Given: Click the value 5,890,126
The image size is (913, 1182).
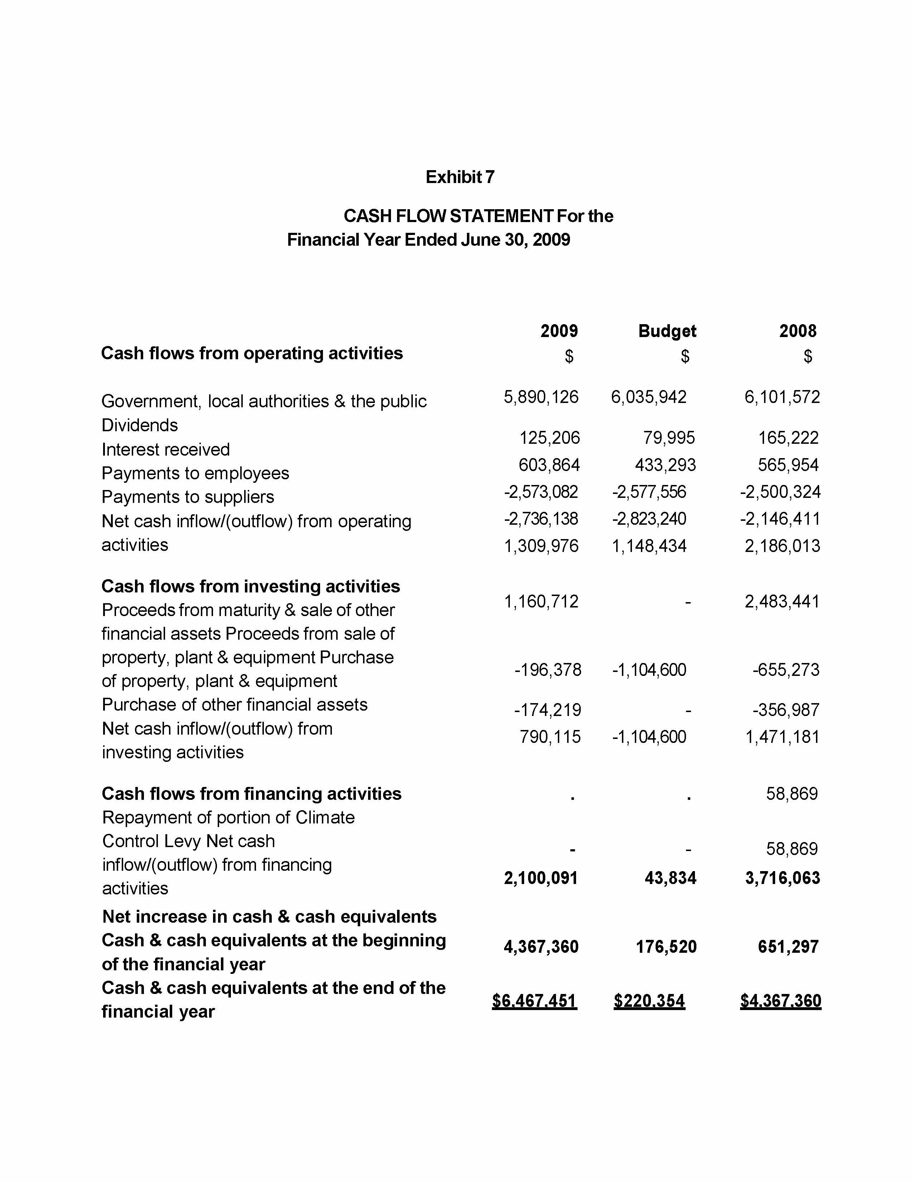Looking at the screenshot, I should [541, 397].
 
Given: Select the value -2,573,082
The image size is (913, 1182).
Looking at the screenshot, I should [541, 491].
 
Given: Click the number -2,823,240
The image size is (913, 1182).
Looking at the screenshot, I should [649, 519].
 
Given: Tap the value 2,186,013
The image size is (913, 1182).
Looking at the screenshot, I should [782, 546].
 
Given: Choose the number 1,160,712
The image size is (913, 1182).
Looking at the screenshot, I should [541, 601].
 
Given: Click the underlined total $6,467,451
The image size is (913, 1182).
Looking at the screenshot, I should [535, 1001].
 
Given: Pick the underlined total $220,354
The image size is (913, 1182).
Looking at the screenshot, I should [649, 1001].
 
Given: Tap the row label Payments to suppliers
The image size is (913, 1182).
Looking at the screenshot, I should [188, 497].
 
